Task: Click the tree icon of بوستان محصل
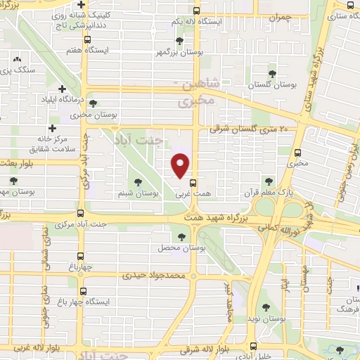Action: (183, 238)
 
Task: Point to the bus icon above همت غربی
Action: (194, 181)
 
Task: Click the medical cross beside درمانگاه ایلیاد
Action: (63, 89)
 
